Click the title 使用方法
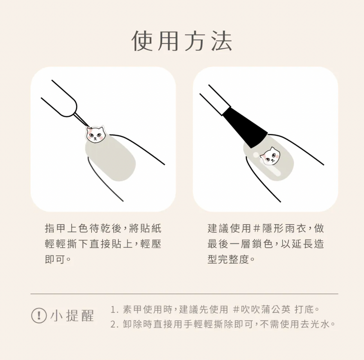tap(182, 41)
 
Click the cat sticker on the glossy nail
tap(270, 156)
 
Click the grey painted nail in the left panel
tap(111, 158)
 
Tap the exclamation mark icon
tap(39, 316)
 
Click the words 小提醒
tap(72, 316)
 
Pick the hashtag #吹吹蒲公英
tap(261, 309)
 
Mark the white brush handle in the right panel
tap(215, 99)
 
